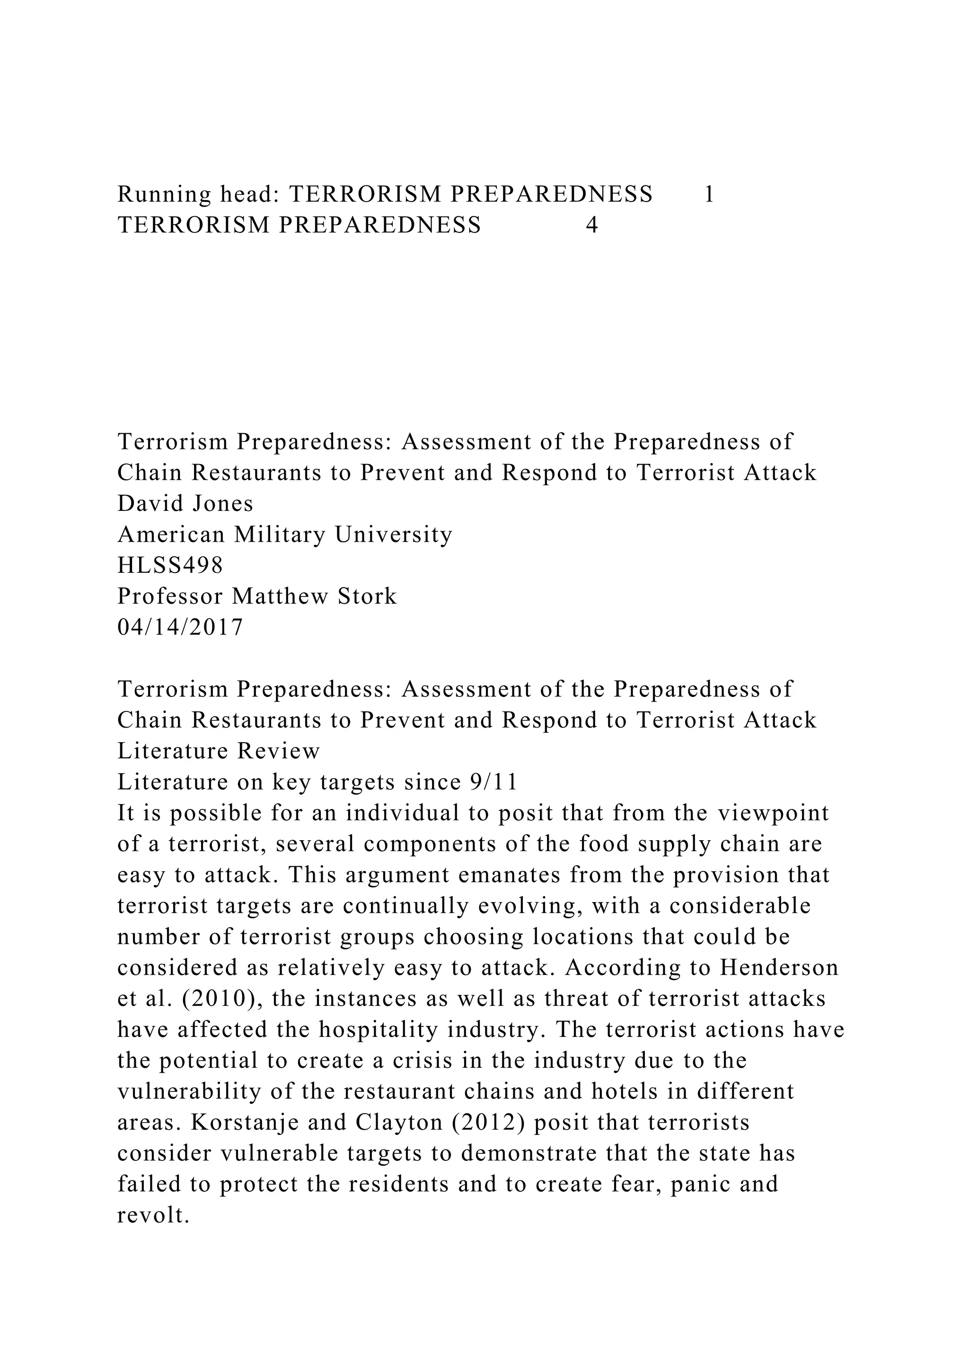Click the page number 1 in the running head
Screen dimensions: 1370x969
(709, 194)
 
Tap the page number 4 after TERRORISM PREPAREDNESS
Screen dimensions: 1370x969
(591, 225)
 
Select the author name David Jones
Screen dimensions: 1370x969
(185, 504)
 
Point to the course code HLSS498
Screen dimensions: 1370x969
(170, 565)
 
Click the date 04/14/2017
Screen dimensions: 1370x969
(180, 627)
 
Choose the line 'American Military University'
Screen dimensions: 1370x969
(285, 534)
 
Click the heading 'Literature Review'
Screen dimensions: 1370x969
(219, 751)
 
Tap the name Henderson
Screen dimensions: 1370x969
(779, 967)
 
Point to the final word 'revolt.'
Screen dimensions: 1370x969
(153, 1215)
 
